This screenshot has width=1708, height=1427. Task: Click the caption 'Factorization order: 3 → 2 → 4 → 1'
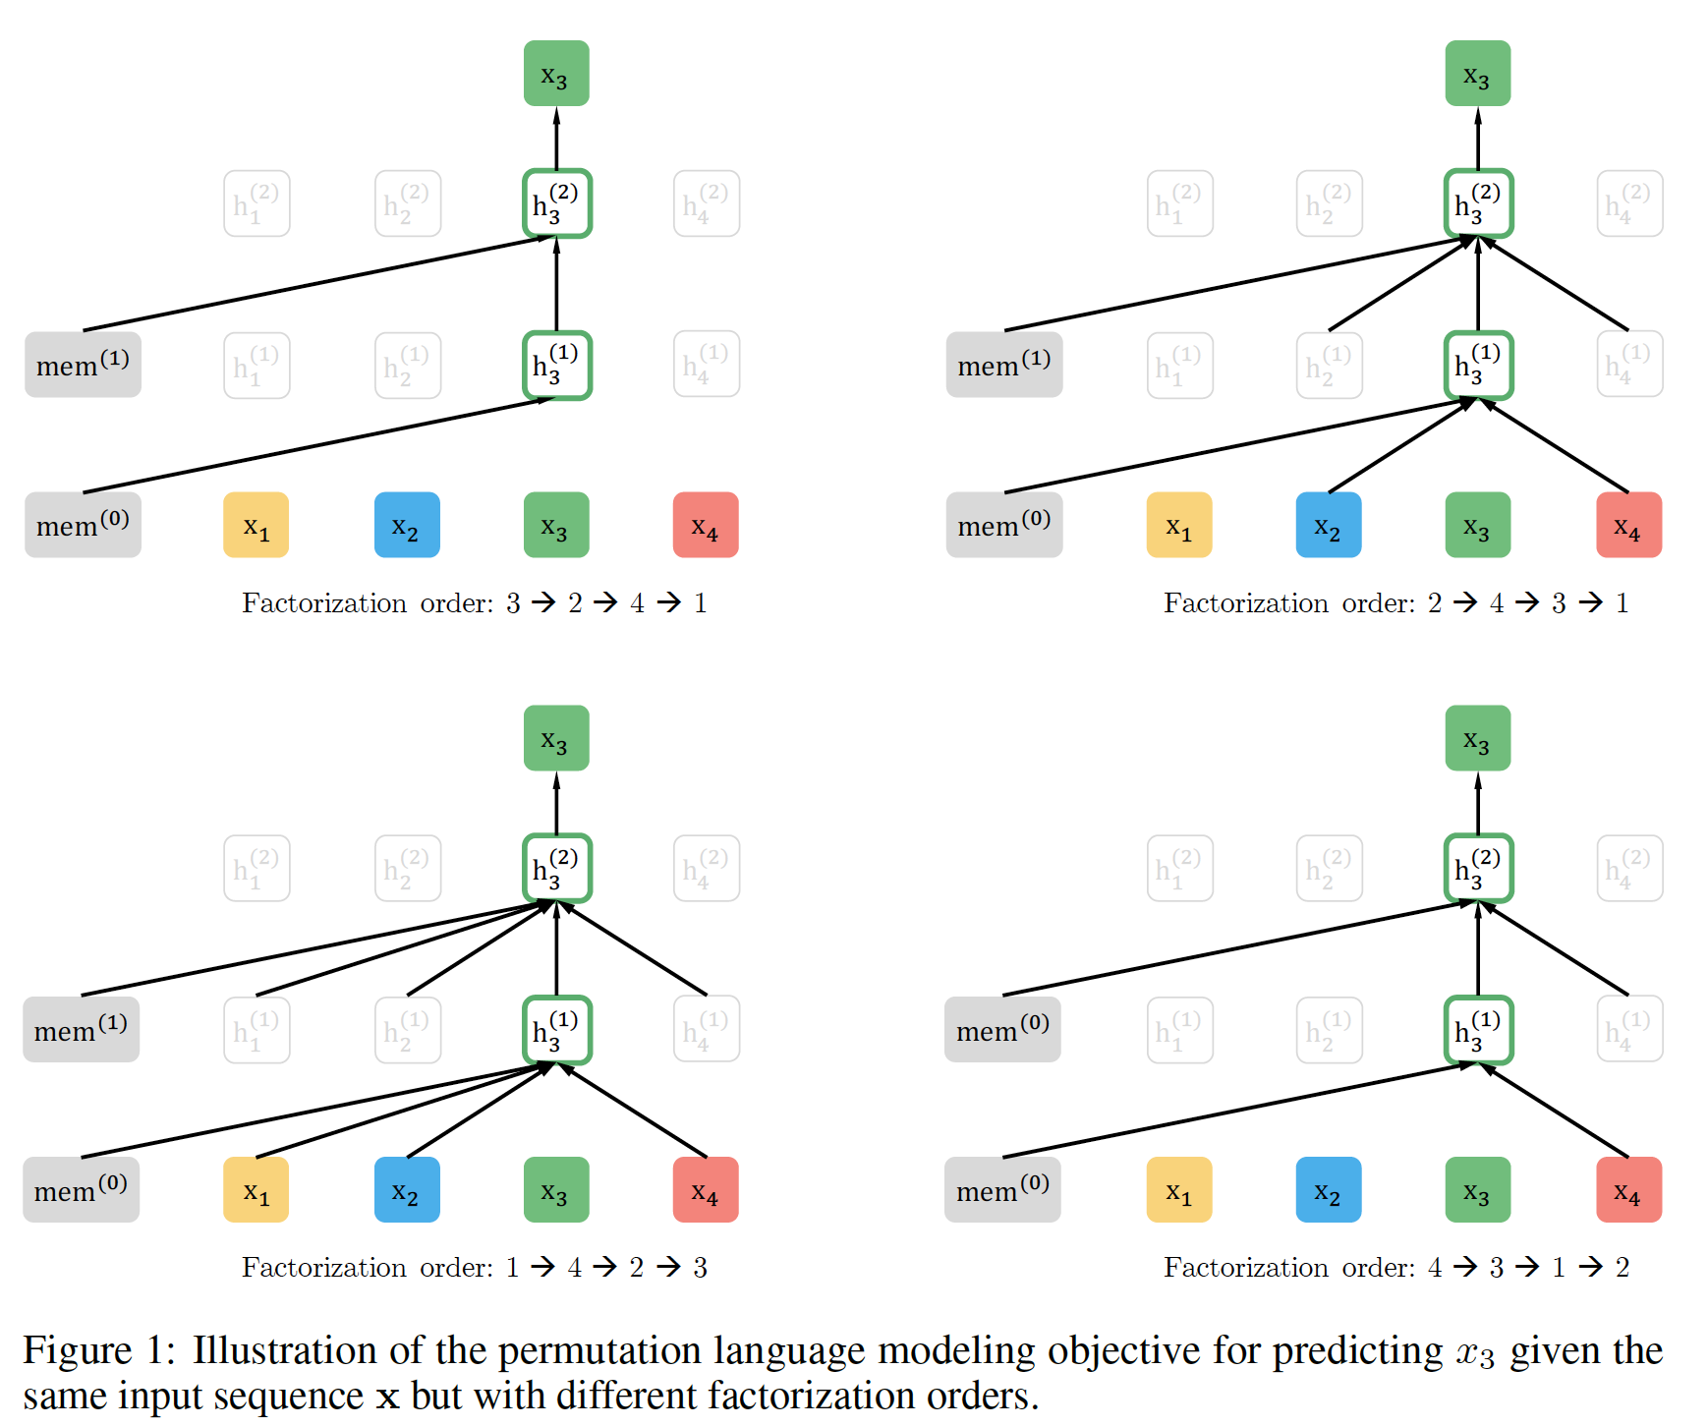(475, 602)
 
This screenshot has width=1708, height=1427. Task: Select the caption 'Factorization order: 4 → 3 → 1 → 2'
(1396, 1267)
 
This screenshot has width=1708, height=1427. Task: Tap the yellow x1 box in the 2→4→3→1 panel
(1178, 526)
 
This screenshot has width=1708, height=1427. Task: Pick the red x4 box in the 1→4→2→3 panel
(705, 1190)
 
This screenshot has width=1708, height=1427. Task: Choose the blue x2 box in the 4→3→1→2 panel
(1328, 1190)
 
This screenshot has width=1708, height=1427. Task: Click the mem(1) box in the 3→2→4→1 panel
(83, 365)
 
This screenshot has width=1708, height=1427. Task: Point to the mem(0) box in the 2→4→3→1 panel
(1003, 526)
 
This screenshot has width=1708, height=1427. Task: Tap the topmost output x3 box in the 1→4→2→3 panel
(555, 738)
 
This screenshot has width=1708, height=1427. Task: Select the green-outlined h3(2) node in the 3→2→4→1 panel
(556, 203)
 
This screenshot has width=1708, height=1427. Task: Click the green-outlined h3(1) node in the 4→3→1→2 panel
(1478, 1030)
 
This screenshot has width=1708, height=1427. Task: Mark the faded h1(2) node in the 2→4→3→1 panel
(1179, 203)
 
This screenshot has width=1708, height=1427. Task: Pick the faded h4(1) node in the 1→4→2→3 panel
(706, 1030)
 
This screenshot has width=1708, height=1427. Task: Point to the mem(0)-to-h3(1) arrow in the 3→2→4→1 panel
(314, 445)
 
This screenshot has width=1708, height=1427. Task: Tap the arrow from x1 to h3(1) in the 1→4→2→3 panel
(403, 1111)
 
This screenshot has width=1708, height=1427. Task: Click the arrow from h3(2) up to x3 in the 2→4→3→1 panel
(1478, 139)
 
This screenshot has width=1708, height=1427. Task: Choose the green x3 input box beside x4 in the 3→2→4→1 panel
(555, 526)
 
